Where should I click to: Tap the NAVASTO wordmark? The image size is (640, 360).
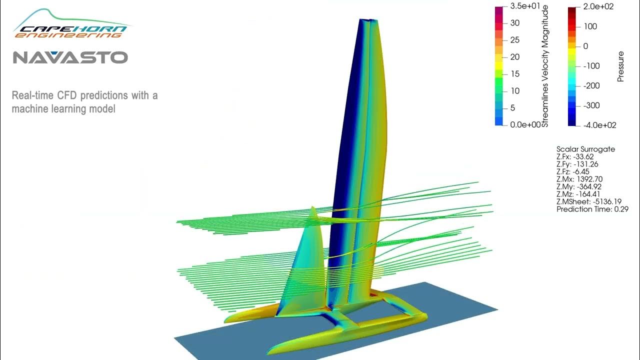pyautogui.click(x=70, y=57)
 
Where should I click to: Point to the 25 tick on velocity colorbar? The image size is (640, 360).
pyautogui.click(x=515, y=40)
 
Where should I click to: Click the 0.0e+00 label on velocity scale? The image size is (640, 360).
pyautogui.click(x=524, y=124)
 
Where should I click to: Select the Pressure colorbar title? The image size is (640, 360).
pyautogui.click(x=621, y=66)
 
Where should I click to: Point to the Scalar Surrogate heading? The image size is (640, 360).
pyautogui.click(x=585, y=149)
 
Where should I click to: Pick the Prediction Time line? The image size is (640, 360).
pyautogui.click(x=592, y=209)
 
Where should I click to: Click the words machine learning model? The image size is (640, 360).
pyautogui.click(x=63, y=108)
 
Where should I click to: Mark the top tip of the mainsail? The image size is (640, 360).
pyautogui.click(x=368, y=20)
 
